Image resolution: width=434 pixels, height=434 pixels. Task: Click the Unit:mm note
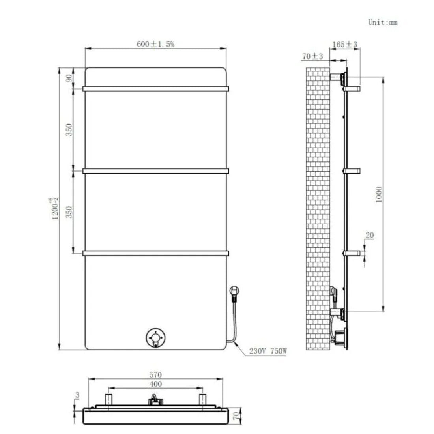click(382, 22)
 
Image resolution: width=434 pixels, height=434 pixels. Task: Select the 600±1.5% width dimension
click(155, 44)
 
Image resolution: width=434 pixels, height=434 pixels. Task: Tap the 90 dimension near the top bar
click(69, 78)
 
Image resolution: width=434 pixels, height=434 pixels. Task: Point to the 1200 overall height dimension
click(55, 208)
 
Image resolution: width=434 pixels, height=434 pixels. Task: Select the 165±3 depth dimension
click(344, 45)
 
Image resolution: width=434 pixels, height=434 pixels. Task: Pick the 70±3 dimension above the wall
click(312, 56)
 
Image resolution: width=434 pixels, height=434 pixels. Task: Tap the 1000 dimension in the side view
click(379, 194)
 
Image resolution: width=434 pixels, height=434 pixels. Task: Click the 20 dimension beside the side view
click(370, 236)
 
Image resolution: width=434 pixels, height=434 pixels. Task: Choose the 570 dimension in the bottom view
click(156, 375)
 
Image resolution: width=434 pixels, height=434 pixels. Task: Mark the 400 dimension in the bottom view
click(156, 384)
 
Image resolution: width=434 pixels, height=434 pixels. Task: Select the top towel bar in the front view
click(155, 89)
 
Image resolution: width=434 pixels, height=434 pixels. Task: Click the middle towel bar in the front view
click(155, 171)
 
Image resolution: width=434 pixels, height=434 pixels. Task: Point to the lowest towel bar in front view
click(155, 253)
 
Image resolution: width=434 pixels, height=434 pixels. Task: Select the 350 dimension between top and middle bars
click(69, 129)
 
